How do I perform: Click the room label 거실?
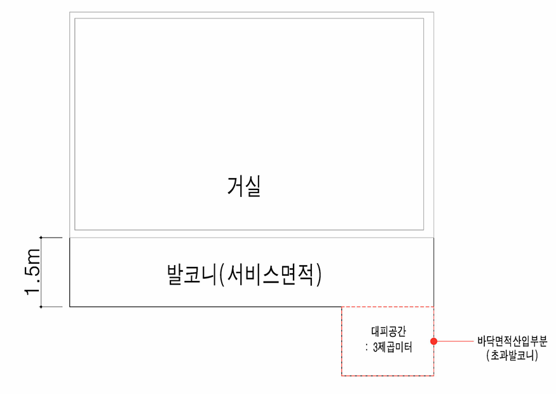[245, 187]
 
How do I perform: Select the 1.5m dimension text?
[32, 272]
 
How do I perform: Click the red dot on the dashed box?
[434, 341]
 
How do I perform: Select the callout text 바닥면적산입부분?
[512, 341]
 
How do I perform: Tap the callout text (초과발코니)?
[512, 356]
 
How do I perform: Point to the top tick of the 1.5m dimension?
[41, 238]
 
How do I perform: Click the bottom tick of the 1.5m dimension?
[41, 307]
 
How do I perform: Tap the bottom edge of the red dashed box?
[388, 376]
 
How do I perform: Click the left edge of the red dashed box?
[342, 341]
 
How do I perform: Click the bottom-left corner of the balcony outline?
[70, 307]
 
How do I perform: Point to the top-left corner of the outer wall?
[70, 12]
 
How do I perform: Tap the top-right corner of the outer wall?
[433, 12]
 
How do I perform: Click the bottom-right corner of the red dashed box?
[434, 376]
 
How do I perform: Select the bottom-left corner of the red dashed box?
[342, 376]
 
